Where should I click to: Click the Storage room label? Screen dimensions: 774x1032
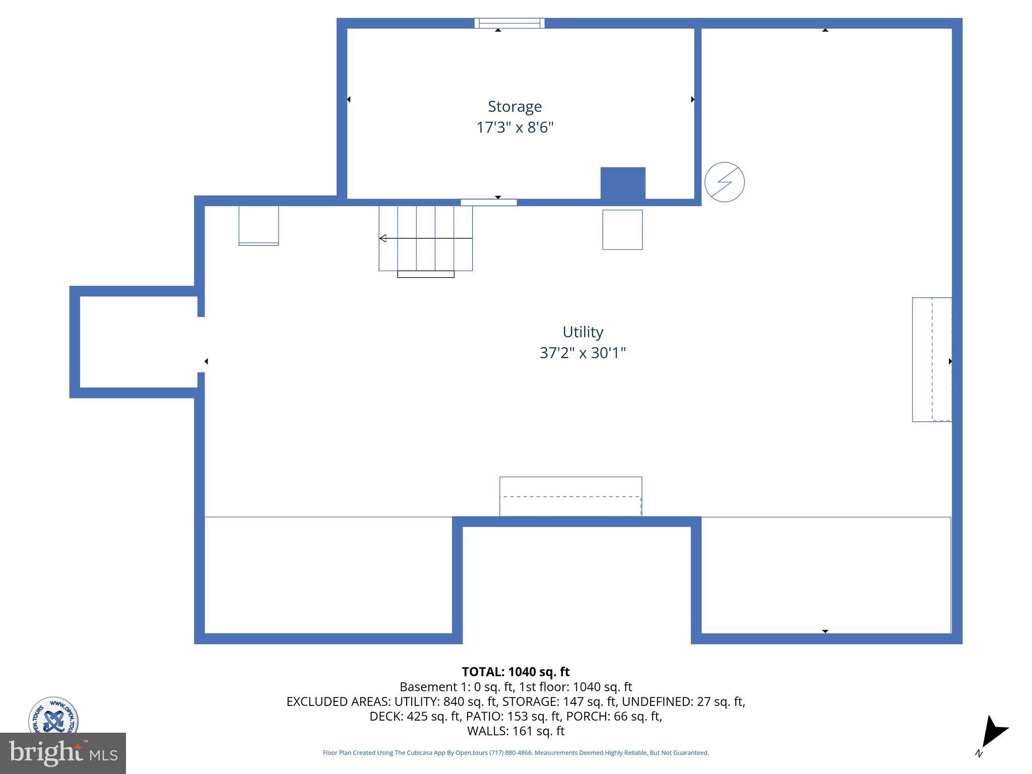(x=514, y=106)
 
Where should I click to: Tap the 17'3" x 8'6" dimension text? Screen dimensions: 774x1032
(x=514, y=127)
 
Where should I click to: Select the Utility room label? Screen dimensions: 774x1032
(x=583, y=332)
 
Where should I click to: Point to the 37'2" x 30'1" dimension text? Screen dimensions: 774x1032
(x=583, y=353)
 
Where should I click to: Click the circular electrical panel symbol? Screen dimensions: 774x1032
(x=724, y=182)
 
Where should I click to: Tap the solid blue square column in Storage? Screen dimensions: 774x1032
(x=622, y=183)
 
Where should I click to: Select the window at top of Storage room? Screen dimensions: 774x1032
(x=509, y=23)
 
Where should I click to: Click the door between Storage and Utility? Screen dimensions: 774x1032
(x=488, y=203)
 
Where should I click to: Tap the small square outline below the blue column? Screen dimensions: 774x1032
(x=622, y=230)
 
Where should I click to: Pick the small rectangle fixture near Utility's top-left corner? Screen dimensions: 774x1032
(x=259, y=225)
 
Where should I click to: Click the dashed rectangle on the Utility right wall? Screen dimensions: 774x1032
(x=932, y=359)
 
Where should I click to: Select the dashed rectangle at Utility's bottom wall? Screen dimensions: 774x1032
(x=570, y=496)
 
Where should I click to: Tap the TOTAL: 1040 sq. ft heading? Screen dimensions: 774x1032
(x=515, y=672)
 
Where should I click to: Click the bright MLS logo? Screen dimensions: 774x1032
(x=62, y=753)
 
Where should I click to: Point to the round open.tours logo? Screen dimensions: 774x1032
(x=53, y=716)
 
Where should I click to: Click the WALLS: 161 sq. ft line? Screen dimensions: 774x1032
(x=515, y=731)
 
